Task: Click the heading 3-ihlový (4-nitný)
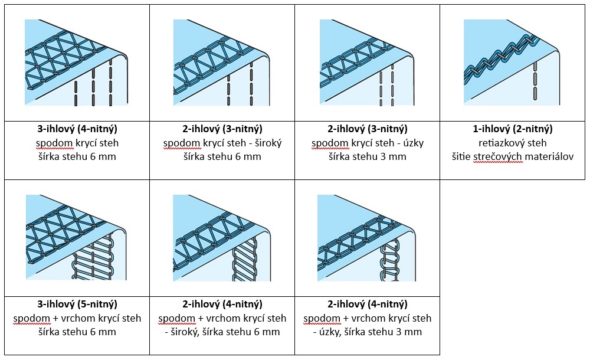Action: tap(77, 129)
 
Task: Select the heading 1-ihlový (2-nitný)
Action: tap(513, 129)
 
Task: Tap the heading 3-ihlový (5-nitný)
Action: tap(77, 305)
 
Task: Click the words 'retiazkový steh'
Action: tap(513, 143)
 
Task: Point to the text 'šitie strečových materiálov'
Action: tap(513, 157)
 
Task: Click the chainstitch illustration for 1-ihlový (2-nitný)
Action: tap(511, 63)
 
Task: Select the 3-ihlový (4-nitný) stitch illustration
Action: tap(76, 63)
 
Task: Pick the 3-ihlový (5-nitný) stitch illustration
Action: tap(76, 238)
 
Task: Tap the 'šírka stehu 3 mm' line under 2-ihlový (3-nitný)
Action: tap(368, 157)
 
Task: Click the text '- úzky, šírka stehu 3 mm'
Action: tap(368, 332)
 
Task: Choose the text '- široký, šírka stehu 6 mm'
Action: tap(222, 332)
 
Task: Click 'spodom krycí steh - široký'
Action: tap(222, 143)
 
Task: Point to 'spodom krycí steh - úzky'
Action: tap(368, 143)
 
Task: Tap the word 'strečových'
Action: tap(501, 157)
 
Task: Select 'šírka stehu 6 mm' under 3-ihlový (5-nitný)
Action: tap(77, 332)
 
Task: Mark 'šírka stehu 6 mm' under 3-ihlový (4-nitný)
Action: tap(77, 157)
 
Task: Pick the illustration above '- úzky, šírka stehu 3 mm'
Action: tap(367, 238)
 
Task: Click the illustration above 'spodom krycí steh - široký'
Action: tap(222, 63)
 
